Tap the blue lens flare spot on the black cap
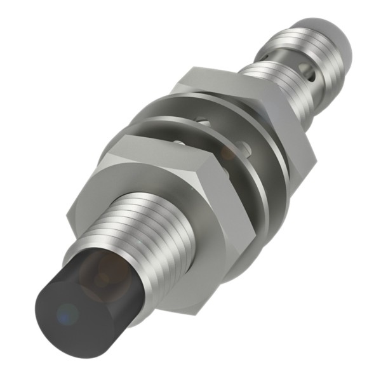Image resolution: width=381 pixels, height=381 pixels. tap(65, 312)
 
